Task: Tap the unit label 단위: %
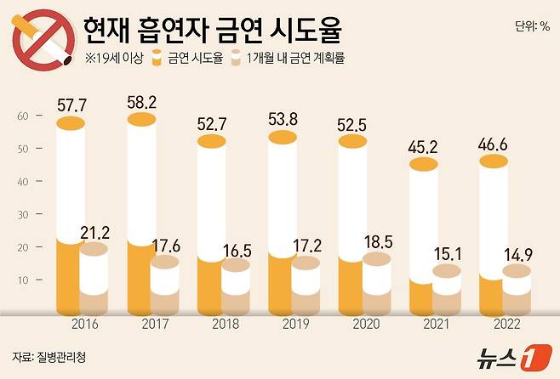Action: click(532, 26)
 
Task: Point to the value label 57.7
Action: click(72, 107)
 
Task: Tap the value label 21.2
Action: click(94, 232)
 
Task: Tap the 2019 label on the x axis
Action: click(294, 323)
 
